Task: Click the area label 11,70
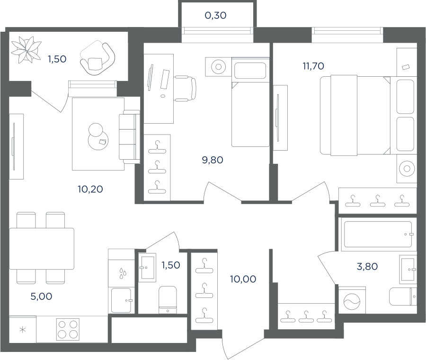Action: click(313, 66)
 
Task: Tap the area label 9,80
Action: click(213, 160)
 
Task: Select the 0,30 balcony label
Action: click(215, 16)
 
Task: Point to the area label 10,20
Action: click(90, 189)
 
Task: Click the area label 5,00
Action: click(41, 297)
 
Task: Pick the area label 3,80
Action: click(367, 267)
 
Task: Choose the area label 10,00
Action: click(243, 279)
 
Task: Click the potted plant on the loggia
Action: click(26, 50)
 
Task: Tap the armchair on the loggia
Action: click(97, 58)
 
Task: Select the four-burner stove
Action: click(68, 329)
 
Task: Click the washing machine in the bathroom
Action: click(352, 300)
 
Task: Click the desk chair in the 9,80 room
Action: click(185, 89)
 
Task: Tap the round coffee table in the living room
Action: click(98, 137)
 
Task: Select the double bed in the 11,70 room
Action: click(355, 115)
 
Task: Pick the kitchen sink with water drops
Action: click(122, 273)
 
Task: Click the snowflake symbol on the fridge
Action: click(23, 330)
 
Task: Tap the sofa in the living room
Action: click(129, 137)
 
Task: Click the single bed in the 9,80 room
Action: click(250, 102)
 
